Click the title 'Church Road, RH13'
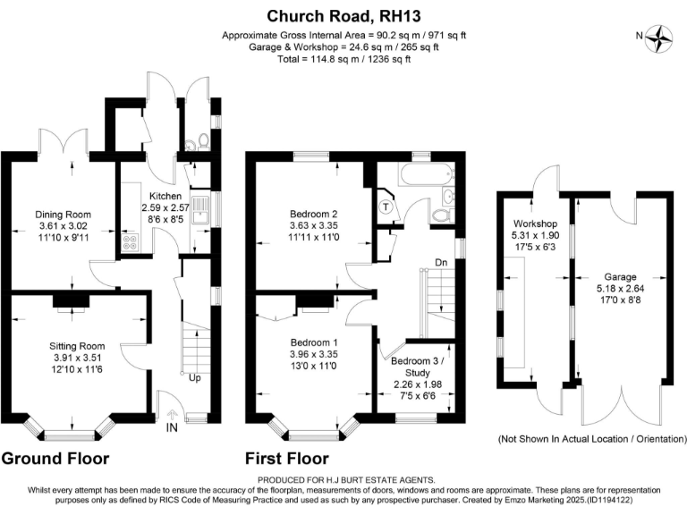(x=343, y=15)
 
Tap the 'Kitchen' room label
(x=165, y=196)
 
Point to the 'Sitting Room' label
(x=77, y=346)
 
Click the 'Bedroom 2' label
(x=313, y=214)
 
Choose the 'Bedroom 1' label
(x=313, y=342)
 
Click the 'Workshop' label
(x=536, y=224)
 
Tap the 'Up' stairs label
(x=195, y=378)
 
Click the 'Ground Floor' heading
(x=55, y=459)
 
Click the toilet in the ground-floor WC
(x=204, y=140)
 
